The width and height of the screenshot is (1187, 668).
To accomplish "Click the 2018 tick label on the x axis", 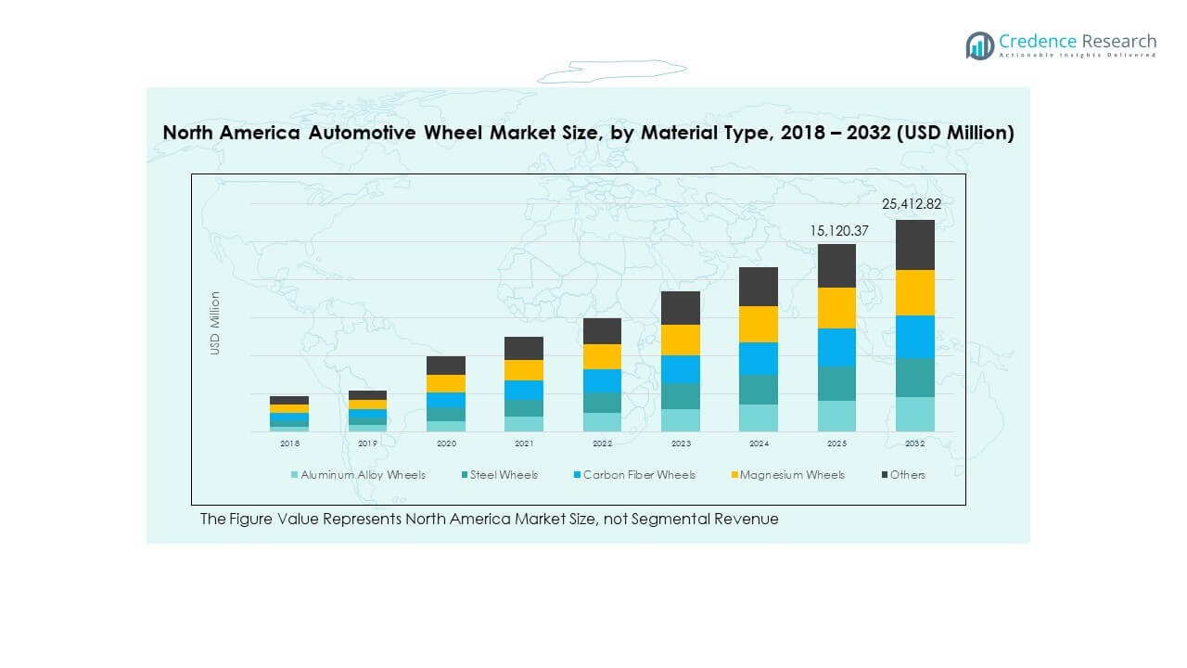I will tap(289, 443).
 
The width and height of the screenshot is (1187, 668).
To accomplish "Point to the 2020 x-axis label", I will tap(446, 443).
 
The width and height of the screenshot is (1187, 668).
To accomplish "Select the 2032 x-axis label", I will tap(914, 443).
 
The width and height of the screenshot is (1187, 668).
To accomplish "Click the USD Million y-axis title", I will tap(215, 323).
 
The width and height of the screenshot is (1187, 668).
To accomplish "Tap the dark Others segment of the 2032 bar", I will tap(914, 245).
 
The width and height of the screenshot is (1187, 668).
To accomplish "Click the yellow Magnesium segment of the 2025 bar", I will tap(836, 308).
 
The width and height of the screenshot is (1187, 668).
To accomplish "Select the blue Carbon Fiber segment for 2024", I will tap(759, 358).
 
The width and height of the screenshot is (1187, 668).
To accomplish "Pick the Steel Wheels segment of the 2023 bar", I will tap(681, 396).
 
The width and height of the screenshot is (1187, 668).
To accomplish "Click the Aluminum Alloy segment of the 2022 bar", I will tap(602, 422).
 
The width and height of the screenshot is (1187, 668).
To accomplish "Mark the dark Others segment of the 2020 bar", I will tap(446, 366).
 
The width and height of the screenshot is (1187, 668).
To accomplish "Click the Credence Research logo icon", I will tap(979, 45).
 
